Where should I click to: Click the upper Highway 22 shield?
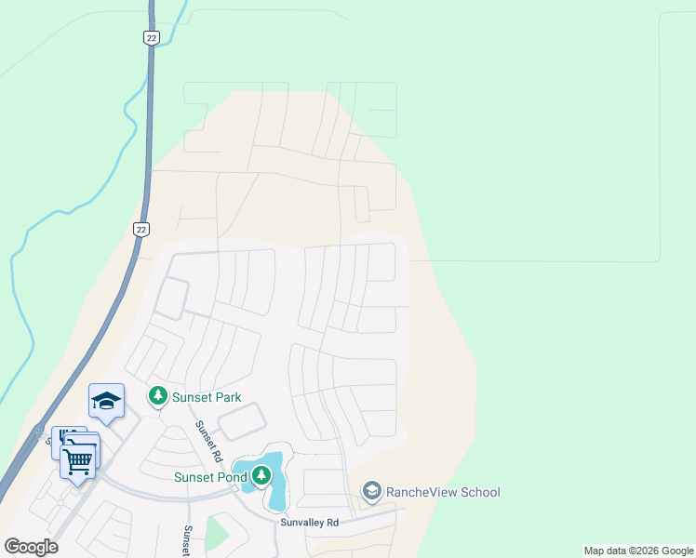[151, 36]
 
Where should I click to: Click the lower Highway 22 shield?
[141, 229]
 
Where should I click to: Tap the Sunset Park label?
[207, 397]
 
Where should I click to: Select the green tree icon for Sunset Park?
[158, 397]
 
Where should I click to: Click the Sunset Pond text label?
[209, 477]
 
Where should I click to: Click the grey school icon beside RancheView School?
[372, 491]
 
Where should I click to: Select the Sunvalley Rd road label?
[310, 523]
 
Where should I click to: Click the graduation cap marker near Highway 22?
[106, 401]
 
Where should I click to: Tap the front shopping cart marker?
[78, 459]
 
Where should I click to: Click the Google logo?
[32, 547]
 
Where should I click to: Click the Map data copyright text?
[637, 551]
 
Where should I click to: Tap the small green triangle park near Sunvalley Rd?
[216, 533]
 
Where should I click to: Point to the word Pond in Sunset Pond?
[228, 477]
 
